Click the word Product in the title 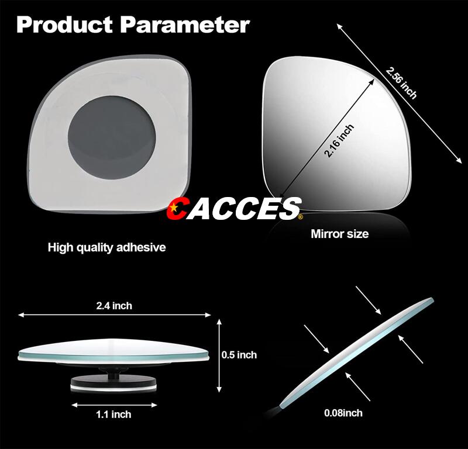click(64, 25)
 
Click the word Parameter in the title click(185, 25)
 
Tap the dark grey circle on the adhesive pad click(112, 137)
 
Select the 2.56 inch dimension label click(401, 83)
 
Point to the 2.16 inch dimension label click(339, 141)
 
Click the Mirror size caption click(340, 234)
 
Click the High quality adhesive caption click(106, 248)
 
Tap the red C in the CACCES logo click(177, 208)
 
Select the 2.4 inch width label click(114, 306)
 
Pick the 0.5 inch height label click(239, 355)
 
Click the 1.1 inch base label click(113, 415)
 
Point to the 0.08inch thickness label click(343, 413)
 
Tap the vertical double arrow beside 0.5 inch click(219, 355)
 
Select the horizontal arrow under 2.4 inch click(114, 315)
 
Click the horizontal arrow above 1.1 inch click(114, 405)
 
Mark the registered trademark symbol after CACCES click(300, 217)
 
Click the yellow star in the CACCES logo click(173, 206)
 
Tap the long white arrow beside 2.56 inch click(400, 94)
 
